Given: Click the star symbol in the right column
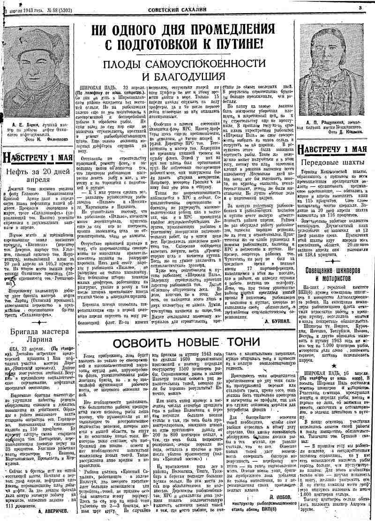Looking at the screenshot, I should tap(333, 364).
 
